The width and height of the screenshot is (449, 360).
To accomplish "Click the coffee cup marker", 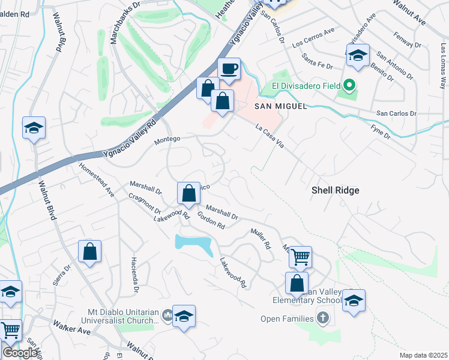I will point(228,68).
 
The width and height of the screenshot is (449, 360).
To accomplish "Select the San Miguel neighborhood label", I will point(281,106).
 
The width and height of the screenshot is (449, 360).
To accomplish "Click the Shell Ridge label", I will point(336,190).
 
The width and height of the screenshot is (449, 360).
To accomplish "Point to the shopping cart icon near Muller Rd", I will point(300,257).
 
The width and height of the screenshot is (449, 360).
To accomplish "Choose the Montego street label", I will point(167,139).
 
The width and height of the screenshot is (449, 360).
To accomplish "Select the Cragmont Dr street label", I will point(145,203).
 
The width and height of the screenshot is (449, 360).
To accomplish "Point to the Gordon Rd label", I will point(211,221).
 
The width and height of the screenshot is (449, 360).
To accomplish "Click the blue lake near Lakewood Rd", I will point(193,244).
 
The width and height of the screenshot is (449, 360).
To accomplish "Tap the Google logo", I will point(20,353).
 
